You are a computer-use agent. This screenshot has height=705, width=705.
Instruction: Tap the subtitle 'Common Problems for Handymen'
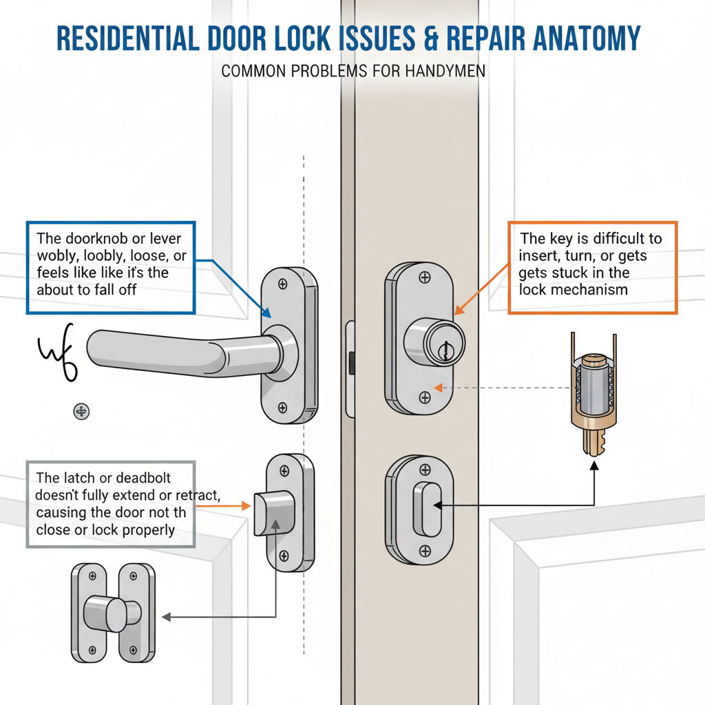point(353,71)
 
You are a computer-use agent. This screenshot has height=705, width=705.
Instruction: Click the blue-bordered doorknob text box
point(111,267)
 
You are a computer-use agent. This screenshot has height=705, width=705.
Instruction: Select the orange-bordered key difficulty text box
point(592,267)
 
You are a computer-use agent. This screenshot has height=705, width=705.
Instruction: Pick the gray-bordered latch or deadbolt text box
point(111,504)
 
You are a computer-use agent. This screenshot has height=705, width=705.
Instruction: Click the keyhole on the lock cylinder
point(445,350)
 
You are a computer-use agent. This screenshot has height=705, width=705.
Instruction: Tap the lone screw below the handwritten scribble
point(81,412)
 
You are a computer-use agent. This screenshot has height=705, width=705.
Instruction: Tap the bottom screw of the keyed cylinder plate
point(424,397)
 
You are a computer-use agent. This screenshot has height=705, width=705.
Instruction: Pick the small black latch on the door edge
point(352,363)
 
